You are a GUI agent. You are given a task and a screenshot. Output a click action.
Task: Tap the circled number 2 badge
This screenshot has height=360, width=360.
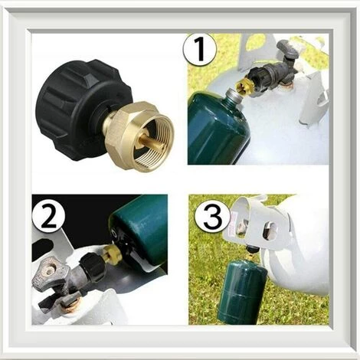click(48, 218)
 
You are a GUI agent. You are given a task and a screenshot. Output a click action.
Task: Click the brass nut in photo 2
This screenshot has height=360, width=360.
click(112, 254)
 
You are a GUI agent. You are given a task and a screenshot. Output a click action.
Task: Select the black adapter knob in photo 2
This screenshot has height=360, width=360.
click(93, 267)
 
